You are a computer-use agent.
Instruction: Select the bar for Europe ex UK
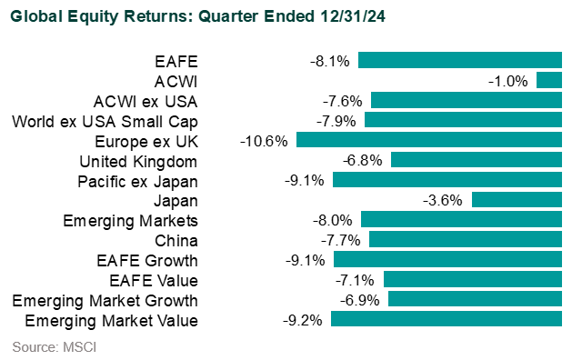(428, 141)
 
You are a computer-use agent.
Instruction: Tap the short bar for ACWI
(548, 81)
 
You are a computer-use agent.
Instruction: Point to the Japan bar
(517, 200)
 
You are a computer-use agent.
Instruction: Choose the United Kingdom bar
(476, 161)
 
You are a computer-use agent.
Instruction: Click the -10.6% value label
(265, 141)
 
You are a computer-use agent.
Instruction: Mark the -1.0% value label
(508, 81)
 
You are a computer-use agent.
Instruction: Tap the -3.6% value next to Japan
(444, 200)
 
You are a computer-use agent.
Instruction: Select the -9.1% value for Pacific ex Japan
(305, 180)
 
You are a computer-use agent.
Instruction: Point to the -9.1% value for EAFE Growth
(305, 260)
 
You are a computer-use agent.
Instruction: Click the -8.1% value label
(329, 61)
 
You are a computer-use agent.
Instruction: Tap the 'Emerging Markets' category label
(130, 220)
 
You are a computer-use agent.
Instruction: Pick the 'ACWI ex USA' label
(146, 101)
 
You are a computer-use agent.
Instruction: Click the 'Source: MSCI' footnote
(55, 346)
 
